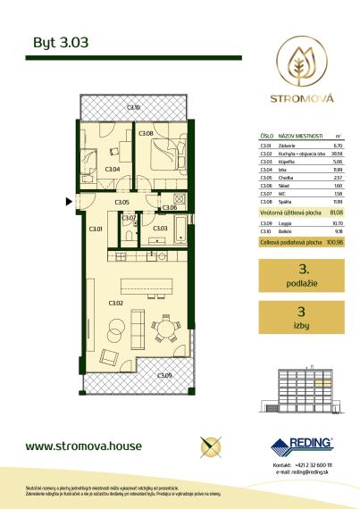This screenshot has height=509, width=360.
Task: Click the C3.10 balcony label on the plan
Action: point(133,108)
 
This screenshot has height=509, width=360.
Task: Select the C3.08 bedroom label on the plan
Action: point(147,135)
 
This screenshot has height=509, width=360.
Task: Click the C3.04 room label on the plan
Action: point(112,168)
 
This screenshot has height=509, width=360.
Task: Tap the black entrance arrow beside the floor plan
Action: point(70,202)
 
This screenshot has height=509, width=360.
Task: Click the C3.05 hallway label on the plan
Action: point(122,203)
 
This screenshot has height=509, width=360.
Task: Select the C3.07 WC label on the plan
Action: point(127,218)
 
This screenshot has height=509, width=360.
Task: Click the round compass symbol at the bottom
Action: point(212,445)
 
